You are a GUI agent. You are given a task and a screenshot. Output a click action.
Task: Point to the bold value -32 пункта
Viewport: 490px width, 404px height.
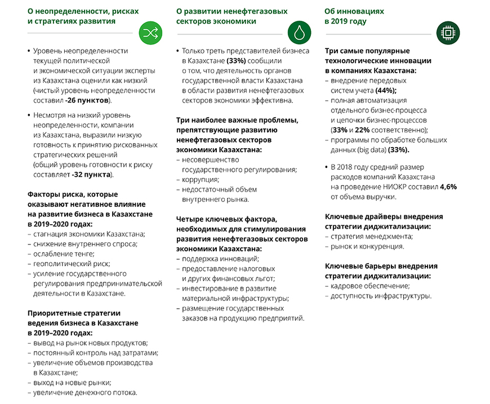pyautogui.click(x=92, y=175)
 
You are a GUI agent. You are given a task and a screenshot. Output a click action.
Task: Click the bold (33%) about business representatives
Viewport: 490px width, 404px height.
pyautogui.click(x=235, y=60)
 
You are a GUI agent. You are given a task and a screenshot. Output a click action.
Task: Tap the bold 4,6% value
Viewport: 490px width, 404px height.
pyautogui.click(x=449, y=187)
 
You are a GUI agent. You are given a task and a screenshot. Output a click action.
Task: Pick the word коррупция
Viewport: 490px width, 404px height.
pyautogui.click(x=200, y=179)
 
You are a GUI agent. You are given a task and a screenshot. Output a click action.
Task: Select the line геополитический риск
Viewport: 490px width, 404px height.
pyautogui.click(x=72, y=263)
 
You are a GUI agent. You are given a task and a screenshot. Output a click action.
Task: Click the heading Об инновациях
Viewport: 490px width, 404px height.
pyautogui.click(x=354, y=11)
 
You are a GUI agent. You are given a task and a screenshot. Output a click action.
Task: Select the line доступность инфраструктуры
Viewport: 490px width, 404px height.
pyautogui.click(x=381, y=296)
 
